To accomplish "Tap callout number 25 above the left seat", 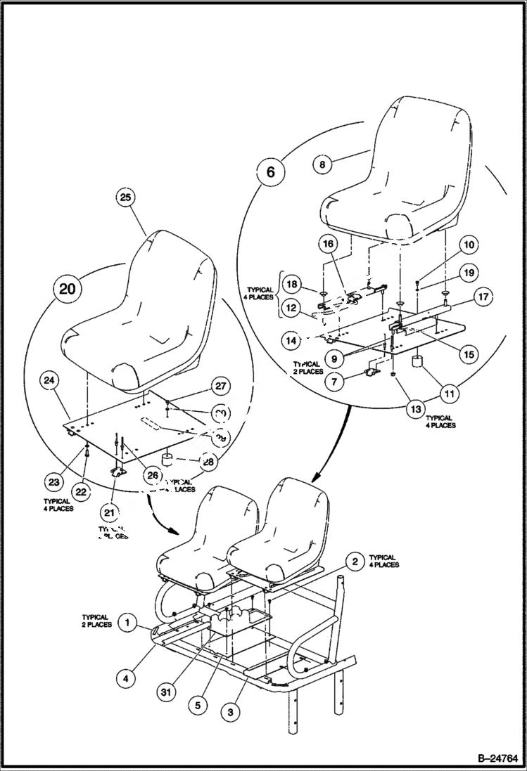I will point(125,198).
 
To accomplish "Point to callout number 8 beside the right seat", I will point(322,164).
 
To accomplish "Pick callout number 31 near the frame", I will point(165,692).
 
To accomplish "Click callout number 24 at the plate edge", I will point(49,381).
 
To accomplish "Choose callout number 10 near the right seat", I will point(470,245).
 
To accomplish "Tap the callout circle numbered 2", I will point(356,561).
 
